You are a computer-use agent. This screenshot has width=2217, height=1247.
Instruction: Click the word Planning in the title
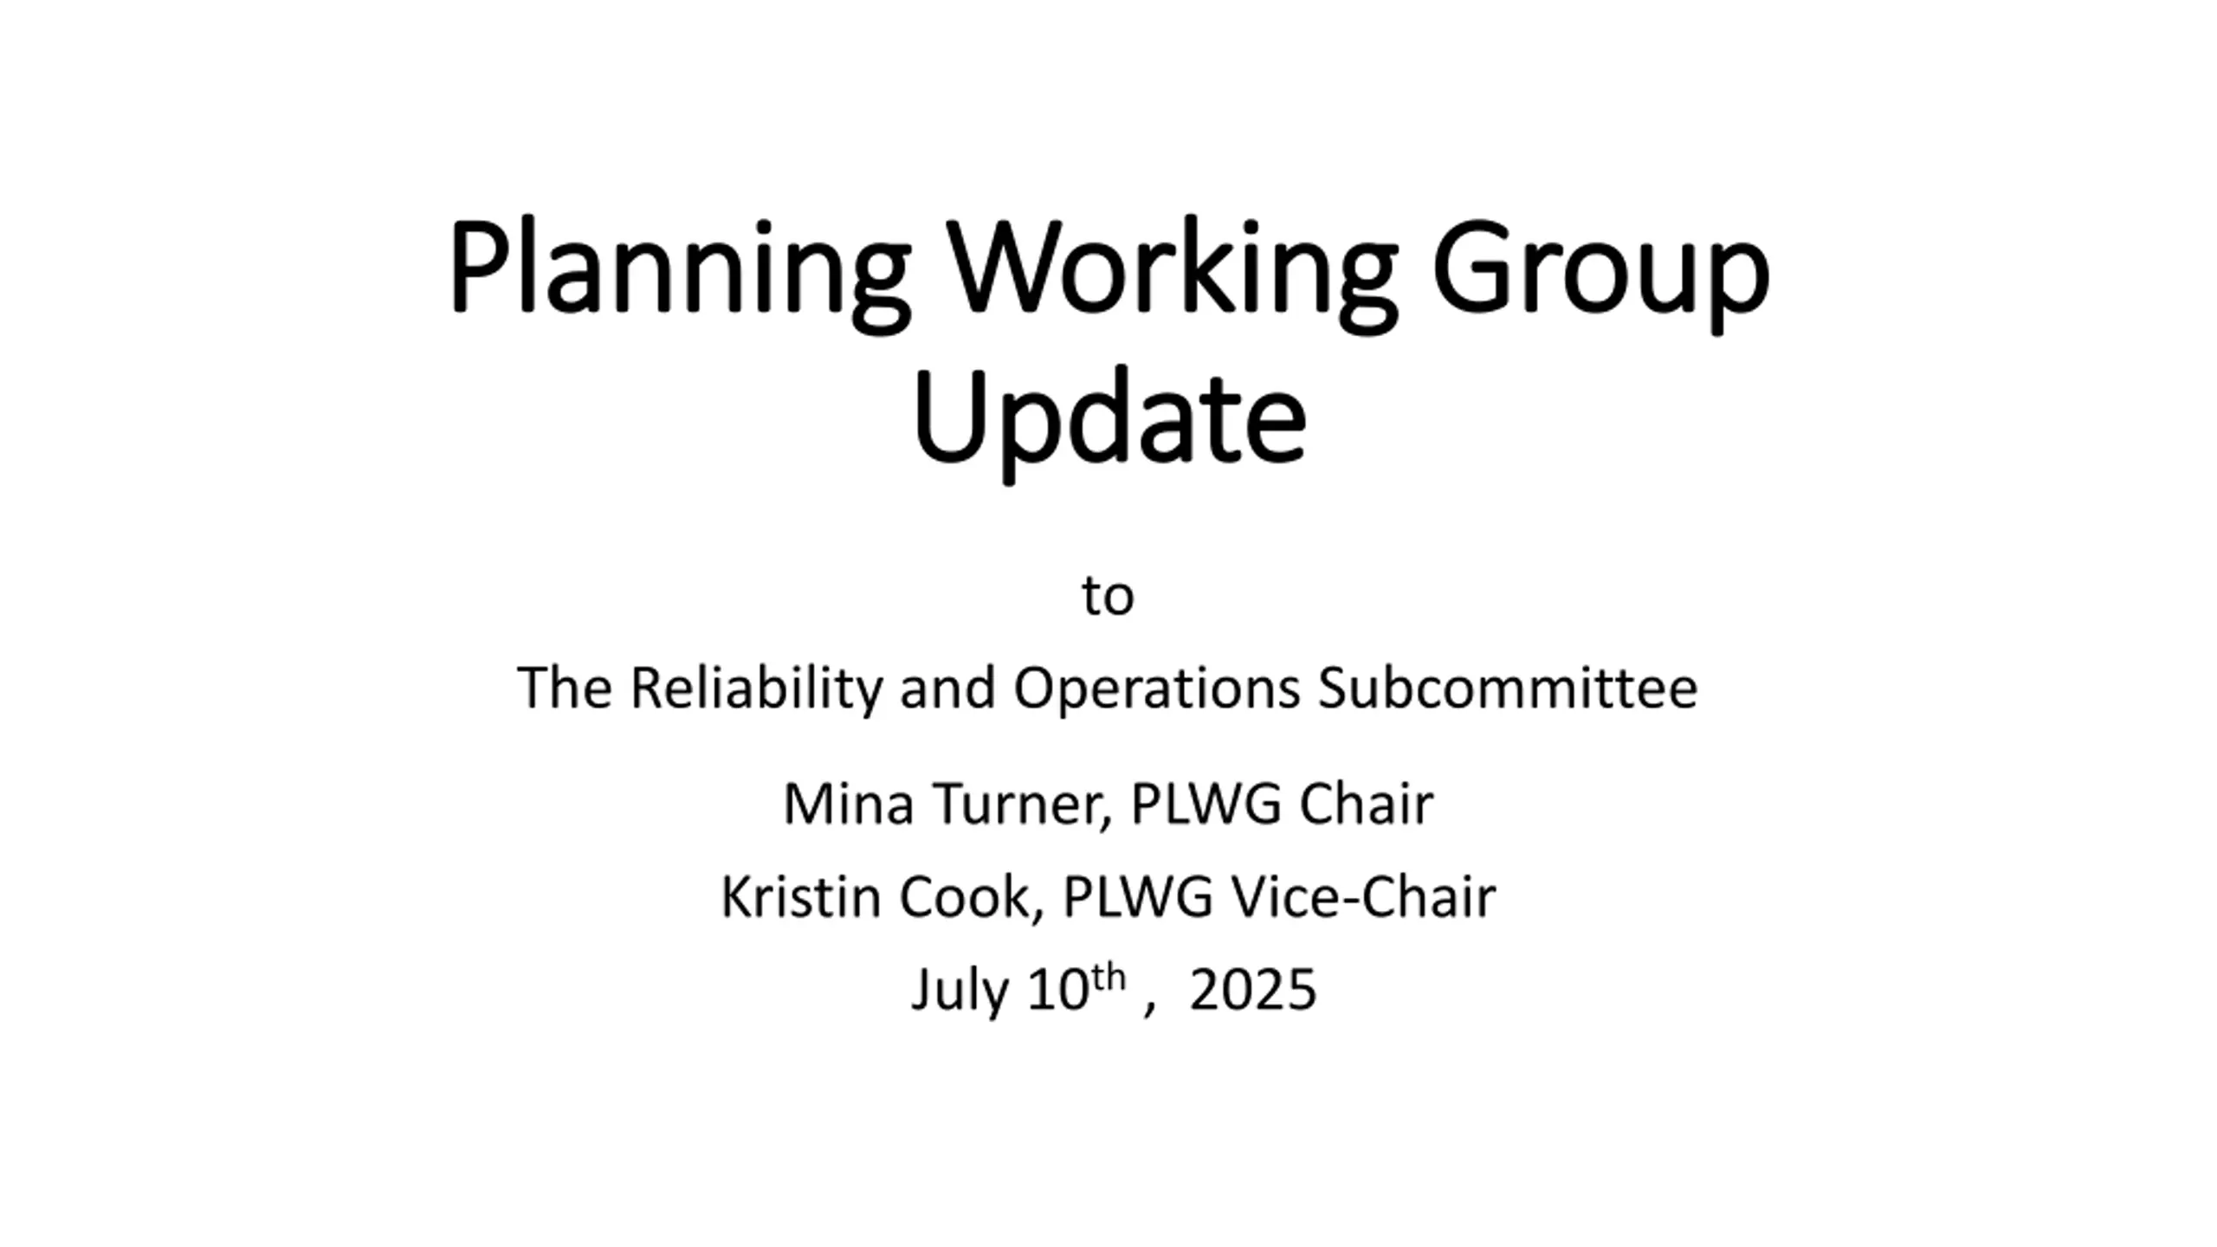pos(680,273)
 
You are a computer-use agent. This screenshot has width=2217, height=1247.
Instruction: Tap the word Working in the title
pos(1171,273)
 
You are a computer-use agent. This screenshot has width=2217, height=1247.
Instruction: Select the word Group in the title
pos(1600,273)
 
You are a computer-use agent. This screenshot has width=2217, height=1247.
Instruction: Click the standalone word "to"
pos(1108,597)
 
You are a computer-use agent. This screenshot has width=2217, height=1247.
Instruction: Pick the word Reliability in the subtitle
pos(756,688)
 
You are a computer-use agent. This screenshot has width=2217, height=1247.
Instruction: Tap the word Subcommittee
pos(1508,688)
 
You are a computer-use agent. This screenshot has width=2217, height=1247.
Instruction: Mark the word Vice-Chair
pos(1363,897)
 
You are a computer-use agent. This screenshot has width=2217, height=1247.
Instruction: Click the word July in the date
pos(959,992)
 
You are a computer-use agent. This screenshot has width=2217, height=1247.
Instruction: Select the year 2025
pos(1252,990)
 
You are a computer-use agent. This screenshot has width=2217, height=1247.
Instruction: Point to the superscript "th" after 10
pos(1108,979)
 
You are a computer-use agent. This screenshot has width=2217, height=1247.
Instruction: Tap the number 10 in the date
pos(1057,990)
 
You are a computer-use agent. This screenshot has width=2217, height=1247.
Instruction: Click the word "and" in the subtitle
pos(947,688)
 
